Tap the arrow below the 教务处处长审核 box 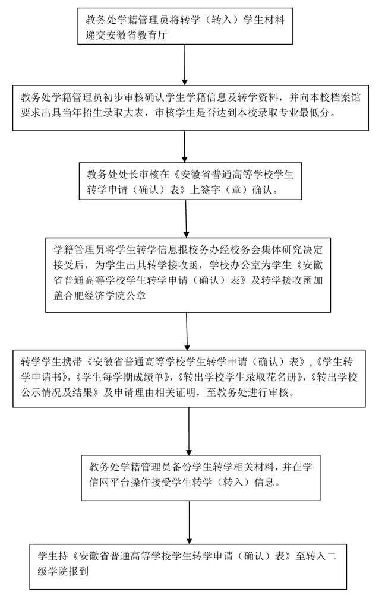[186, 217]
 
